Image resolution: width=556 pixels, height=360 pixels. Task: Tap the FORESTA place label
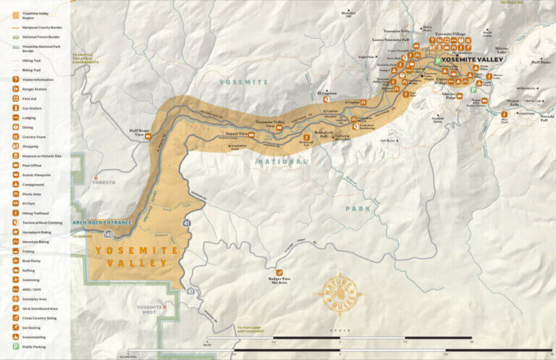point(103,183)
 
